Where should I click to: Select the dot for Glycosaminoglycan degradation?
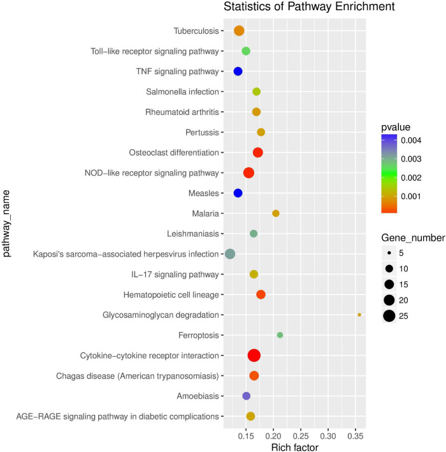359,315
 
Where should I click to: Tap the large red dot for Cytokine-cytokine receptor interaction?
254,356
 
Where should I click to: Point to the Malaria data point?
276,213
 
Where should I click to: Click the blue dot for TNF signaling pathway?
238,72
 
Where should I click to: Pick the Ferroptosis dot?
280,335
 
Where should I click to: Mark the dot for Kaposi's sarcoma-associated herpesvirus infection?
230,254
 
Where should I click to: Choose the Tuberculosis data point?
239,31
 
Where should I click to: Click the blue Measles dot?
238,193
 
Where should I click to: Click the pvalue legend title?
396,126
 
